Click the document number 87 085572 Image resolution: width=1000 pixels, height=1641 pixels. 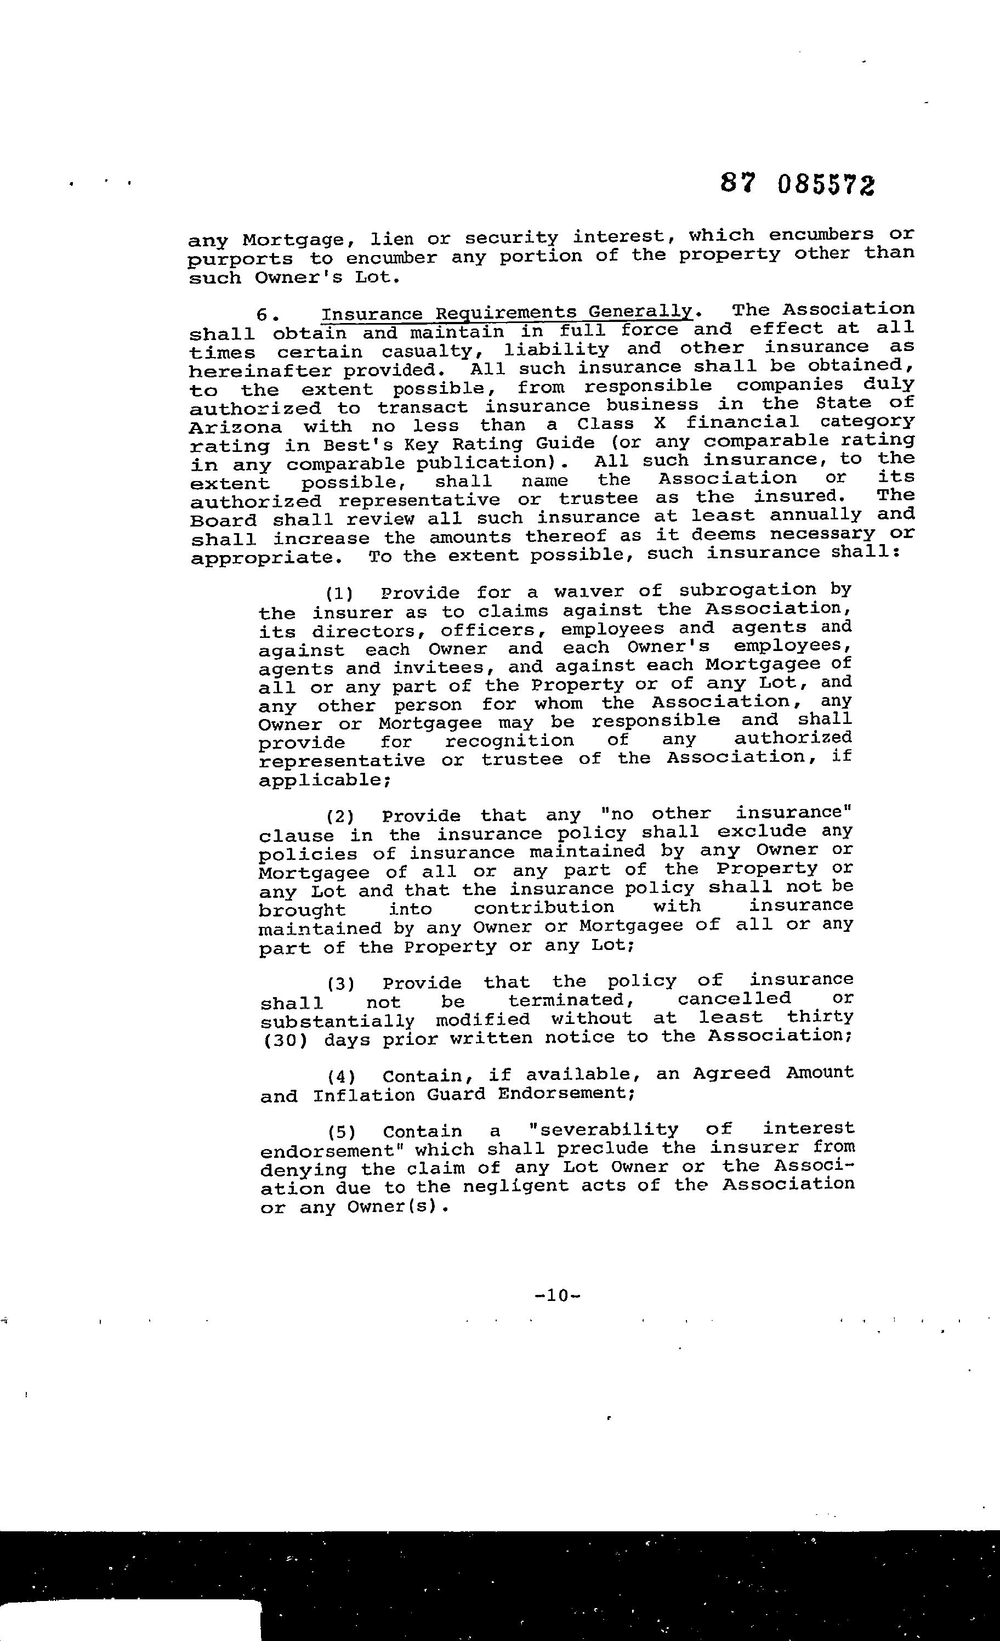click(797, 184)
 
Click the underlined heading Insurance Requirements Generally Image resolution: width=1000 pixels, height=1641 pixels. click(506, 313)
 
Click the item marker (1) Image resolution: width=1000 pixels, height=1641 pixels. click(339, 593)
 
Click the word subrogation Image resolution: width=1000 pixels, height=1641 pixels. click(747, 591)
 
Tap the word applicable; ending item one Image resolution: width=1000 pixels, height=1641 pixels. click(323, 780)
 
